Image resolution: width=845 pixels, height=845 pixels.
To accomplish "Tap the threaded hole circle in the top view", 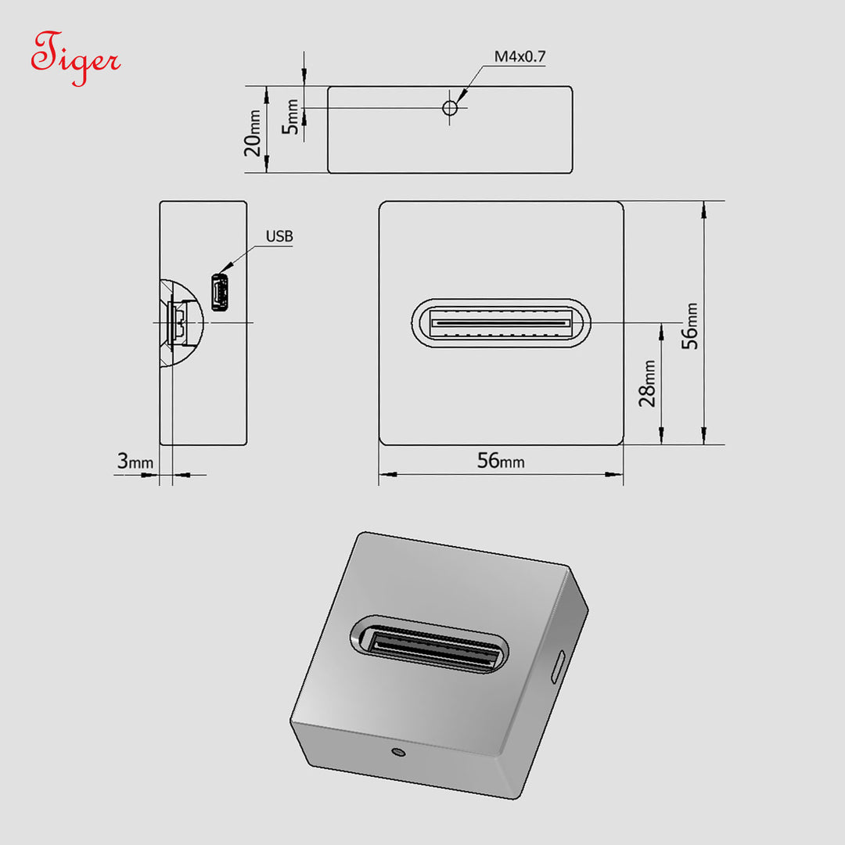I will click(x=450, y=108).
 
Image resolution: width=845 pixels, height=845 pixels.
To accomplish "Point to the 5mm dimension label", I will click(x=291, y=117).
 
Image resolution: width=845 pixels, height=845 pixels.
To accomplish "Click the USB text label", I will click(x=279, y=236).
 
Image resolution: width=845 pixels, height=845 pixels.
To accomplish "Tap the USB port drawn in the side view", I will click(x=220, y=293).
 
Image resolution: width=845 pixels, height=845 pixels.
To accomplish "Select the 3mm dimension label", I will click(x=135, y=462).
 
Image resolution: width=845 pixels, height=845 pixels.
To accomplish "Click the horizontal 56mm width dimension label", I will click(x=501, y=461).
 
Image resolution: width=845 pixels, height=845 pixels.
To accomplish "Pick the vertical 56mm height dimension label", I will click(x=690, y=325).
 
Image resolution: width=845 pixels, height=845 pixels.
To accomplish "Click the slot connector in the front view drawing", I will click(x=501, y=322).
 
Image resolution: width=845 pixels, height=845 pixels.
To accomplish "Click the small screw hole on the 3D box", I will click(x=398, y=753).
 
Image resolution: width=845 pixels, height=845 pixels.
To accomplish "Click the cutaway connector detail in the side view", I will click(x=179, y=322).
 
